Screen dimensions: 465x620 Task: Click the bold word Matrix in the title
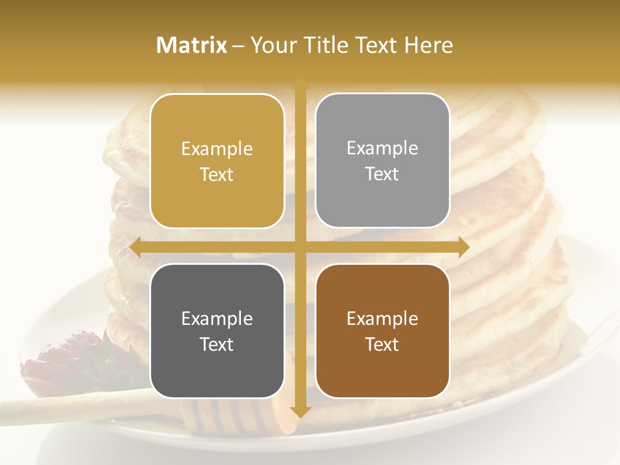[192, 45]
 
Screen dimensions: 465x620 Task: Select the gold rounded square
[217, 161]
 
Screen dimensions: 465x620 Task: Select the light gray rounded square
[382, 161]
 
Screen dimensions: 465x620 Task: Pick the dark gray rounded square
[217, 331]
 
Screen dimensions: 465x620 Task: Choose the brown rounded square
[382, 331]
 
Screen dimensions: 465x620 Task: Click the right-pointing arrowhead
[463, 247]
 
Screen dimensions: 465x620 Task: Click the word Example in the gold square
[217, 149]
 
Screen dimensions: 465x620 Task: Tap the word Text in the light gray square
[382, 174]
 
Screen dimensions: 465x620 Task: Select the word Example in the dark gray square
[217, 319]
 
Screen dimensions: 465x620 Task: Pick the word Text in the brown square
[382, 344]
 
